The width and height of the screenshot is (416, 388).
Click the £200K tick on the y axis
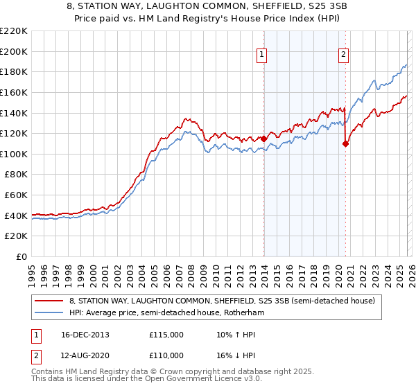click(x=14, y=51)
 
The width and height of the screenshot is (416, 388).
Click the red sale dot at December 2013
click(x=263, y=139)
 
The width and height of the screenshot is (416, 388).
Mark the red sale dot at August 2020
click(x=345, y=144)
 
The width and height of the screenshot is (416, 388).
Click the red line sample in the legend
click(x=49, y=301)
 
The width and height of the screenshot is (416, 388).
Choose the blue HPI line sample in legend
click(x=49, y=313)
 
